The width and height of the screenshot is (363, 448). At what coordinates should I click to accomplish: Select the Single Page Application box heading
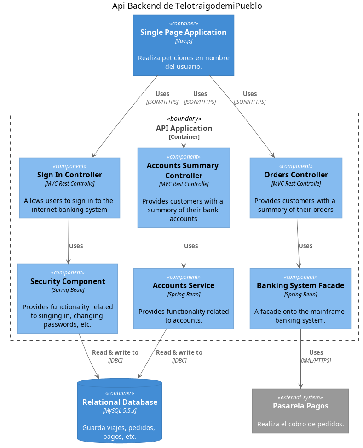pyautogui.click(x=183, y=32)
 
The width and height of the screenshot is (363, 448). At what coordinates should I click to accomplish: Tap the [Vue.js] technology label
pyautogui.click(x=184, y=40)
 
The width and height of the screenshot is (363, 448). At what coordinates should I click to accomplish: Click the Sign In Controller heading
pyautogui.click(x=69, y=175)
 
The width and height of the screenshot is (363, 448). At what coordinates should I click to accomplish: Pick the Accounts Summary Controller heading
pyautogui.click(x=183, y=170)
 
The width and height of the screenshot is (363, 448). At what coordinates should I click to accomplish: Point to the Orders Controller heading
pyautogui.click(x=296, y=175)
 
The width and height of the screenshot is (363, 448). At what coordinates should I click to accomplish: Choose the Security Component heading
pyautogui.click(x=68, y=281)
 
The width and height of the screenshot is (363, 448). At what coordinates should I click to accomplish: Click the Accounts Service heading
pyautogui.click(x=183, y=285)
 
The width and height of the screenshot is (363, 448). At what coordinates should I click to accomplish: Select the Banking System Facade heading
pyautogui.click(x=300, y=285)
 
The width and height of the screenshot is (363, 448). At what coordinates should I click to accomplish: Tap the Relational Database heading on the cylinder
pyautogui.click(x=120, y=402)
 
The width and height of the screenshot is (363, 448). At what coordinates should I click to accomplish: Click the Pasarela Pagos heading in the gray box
pyautogui.click(x=300, y=406)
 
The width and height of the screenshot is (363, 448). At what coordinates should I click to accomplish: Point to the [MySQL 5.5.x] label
pyautogui.click(x=120, y=410)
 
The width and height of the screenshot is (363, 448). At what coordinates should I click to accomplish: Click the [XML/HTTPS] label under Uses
pyautogui.click(x=316, y=361)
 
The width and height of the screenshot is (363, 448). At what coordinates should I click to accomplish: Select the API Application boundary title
pyautogui.click(x=184, y=128)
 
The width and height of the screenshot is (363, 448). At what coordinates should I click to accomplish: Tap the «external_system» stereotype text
pyautogui.click(x=300, y=397)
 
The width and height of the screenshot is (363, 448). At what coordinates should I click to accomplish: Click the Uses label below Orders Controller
pyautogui.click(x=305, y=246)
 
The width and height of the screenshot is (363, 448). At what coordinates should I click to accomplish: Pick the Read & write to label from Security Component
pyautogui.click(x=115, y=352)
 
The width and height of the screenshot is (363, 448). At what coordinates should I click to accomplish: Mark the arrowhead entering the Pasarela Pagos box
pyautogui.click(x=300, y=386)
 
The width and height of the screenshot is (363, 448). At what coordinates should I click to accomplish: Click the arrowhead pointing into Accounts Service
pyautogui.click(x=184, y=266)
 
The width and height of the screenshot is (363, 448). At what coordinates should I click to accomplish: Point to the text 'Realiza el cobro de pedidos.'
pyautogui.click(x=300, y=424)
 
